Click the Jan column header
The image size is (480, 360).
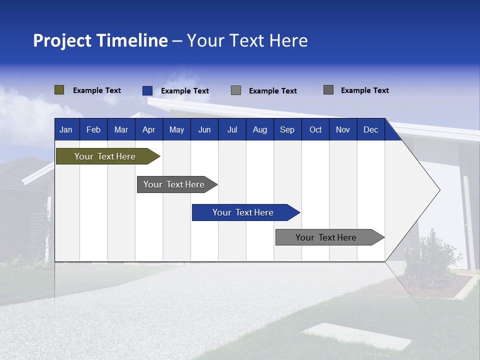click(66, 129)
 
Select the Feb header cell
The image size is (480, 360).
click(93, 129)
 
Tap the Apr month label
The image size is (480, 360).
click(148, 129)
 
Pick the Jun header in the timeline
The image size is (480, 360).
click(204, 129)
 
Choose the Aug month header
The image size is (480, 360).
click(259, 129)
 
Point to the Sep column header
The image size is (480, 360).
click(287, 129)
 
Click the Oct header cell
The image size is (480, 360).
click(315, 129)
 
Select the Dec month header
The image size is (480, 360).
click(370, 129)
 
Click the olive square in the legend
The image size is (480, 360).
click(59, 90)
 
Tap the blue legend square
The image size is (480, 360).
click(147, 90)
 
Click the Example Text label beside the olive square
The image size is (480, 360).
click(97, 90)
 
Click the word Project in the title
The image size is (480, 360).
click(62, 40)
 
